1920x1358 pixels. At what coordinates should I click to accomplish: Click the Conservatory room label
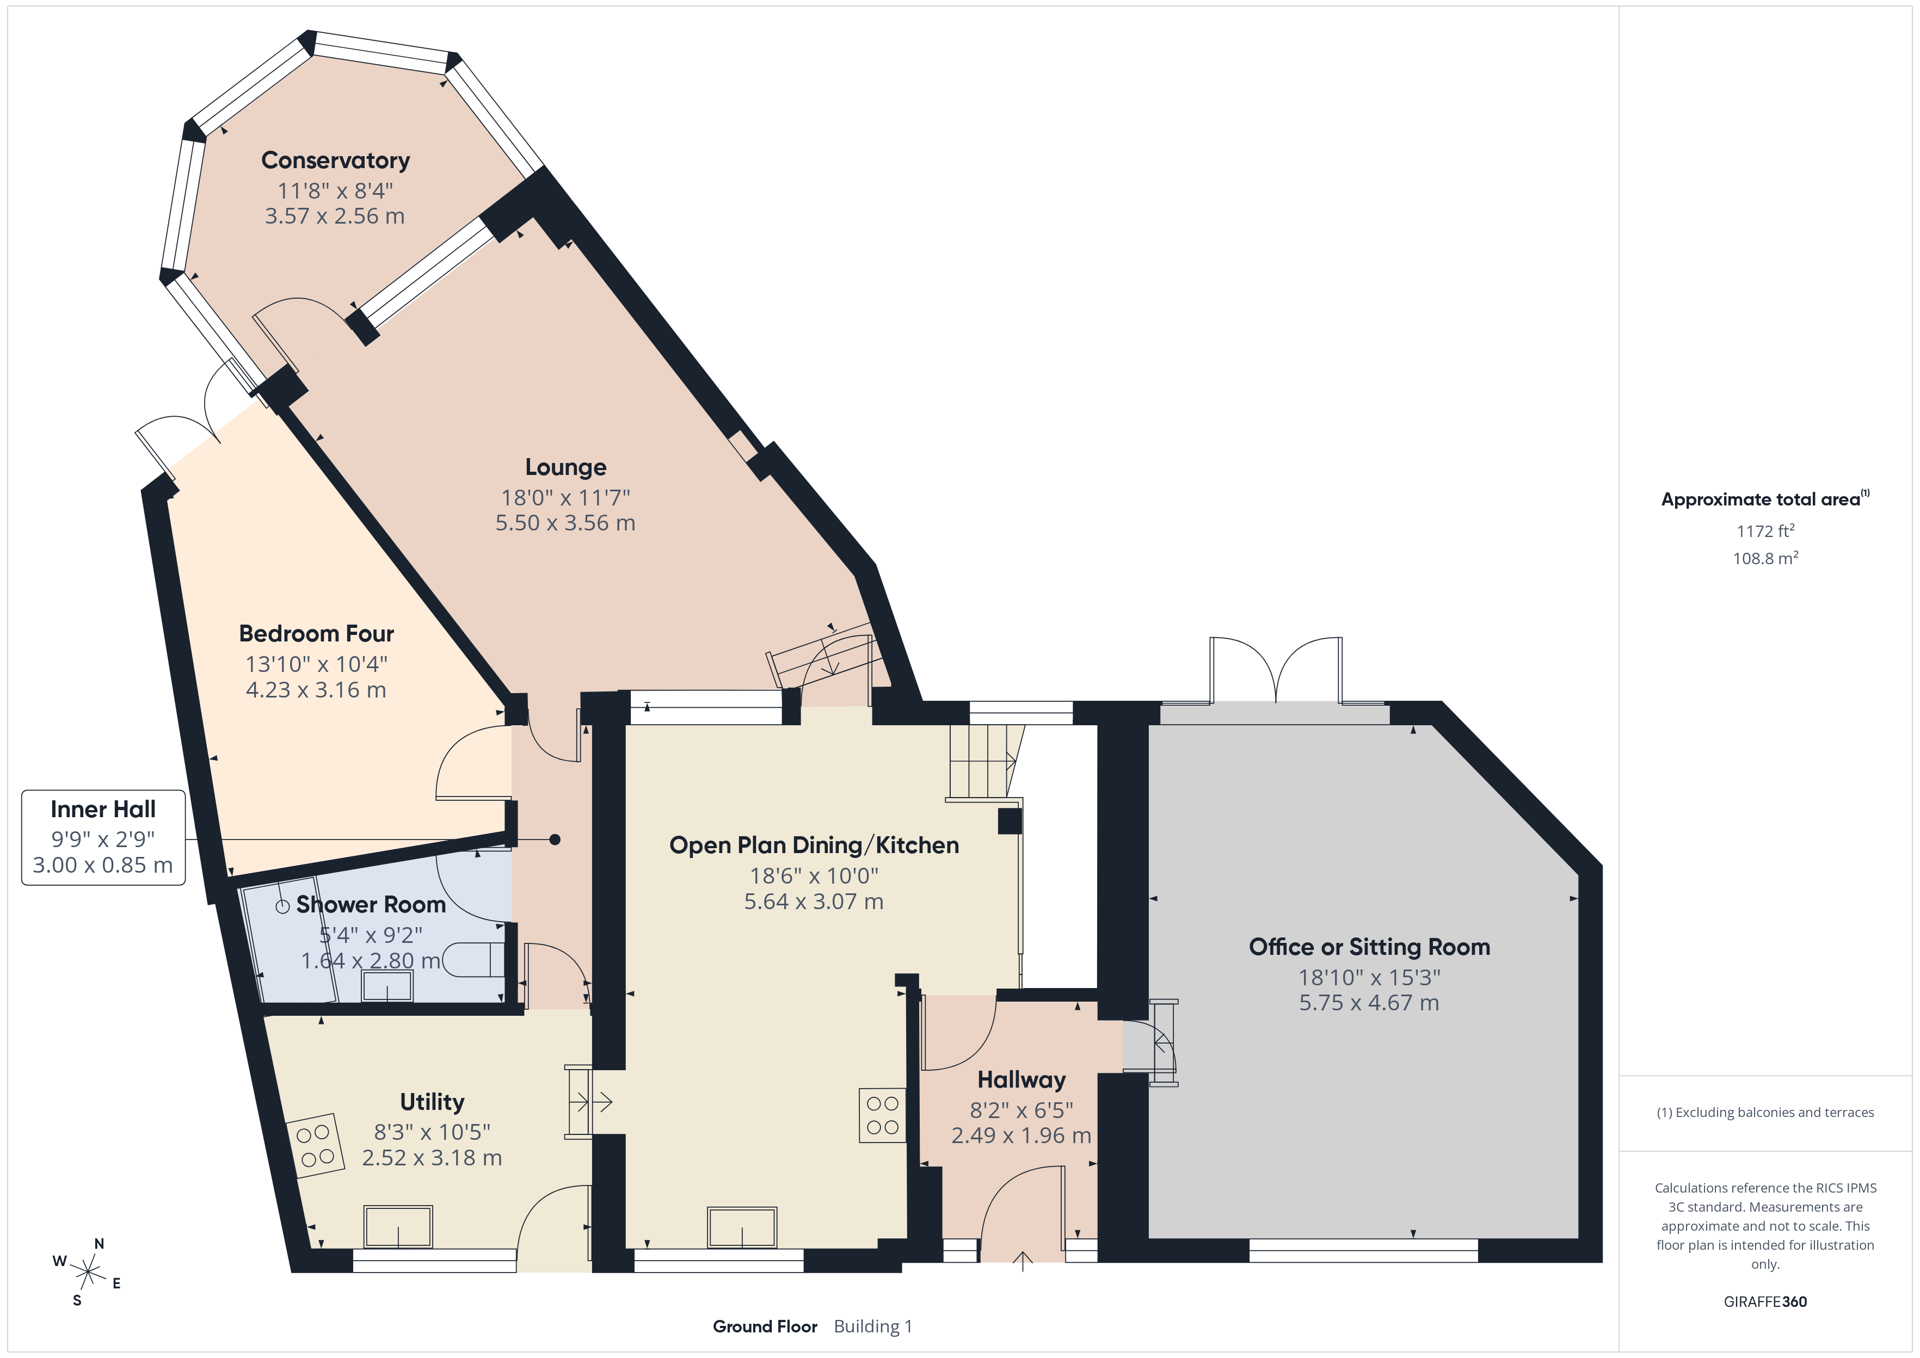point(335,160)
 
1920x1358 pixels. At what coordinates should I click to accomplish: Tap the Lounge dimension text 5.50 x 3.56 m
point(565,523)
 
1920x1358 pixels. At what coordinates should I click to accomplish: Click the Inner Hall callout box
point(103,837)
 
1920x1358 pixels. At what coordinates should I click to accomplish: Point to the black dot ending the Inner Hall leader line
point(555,840)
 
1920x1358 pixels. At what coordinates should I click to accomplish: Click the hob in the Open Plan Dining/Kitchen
point(882,1115)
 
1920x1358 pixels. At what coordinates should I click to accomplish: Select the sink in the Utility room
point(398,1227)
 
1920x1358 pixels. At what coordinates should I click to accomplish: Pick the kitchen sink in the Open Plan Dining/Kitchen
point(742,1227)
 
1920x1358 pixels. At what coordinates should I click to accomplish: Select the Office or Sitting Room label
point(1369,947)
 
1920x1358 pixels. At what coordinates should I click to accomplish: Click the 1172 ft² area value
point(1765,531)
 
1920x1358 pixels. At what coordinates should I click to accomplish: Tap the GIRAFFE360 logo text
point(1765,1302)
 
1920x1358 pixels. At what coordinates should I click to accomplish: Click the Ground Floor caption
point(765,1326)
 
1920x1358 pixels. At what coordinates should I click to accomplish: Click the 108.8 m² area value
point(1765,558)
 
